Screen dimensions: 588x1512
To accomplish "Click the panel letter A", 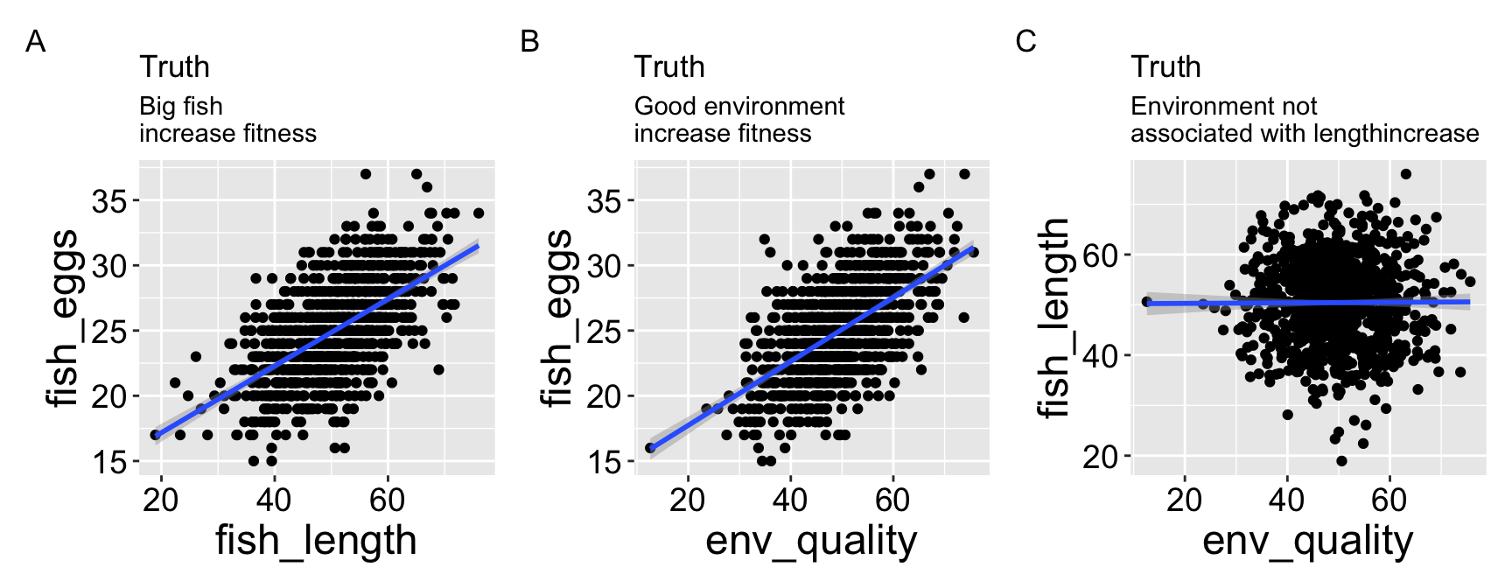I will pos(35,41).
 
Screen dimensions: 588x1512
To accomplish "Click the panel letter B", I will pos(529,41).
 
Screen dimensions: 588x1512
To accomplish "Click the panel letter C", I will pos(1025,41).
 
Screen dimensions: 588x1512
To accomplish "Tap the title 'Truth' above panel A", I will pos(174,67).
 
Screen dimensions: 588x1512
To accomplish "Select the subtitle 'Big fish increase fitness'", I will pos(227,120).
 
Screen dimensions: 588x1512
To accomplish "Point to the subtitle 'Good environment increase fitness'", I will pos(738,120).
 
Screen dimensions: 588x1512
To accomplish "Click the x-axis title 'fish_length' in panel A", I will pos(316,541).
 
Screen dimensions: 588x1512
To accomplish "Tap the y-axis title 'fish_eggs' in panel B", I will pos(556,318).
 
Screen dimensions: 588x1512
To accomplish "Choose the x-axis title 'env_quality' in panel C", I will pos(1307,541).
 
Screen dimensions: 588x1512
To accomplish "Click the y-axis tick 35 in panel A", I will pos(109,201).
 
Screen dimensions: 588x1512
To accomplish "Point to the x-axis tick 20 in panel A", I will pos(160,500).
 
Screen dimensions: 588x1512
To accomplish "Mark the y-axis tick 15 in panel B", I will pos(605,461).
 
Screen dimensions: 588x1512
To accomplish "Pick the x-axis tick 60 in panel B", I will pos(892,500).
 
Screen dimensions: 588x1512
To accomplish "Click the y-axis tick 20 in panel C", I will pos(1100,456).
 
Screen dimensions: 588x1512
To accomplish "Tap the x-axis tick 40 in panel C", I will pos(1286,500).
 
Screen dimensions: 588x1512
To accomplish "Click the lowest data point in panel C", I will pos(1341,461).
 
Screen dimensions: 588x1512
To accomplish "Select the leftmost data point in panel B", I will pos(650,448).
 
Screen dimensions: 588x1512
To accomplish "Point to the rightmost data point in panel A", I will pos(478,213).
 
